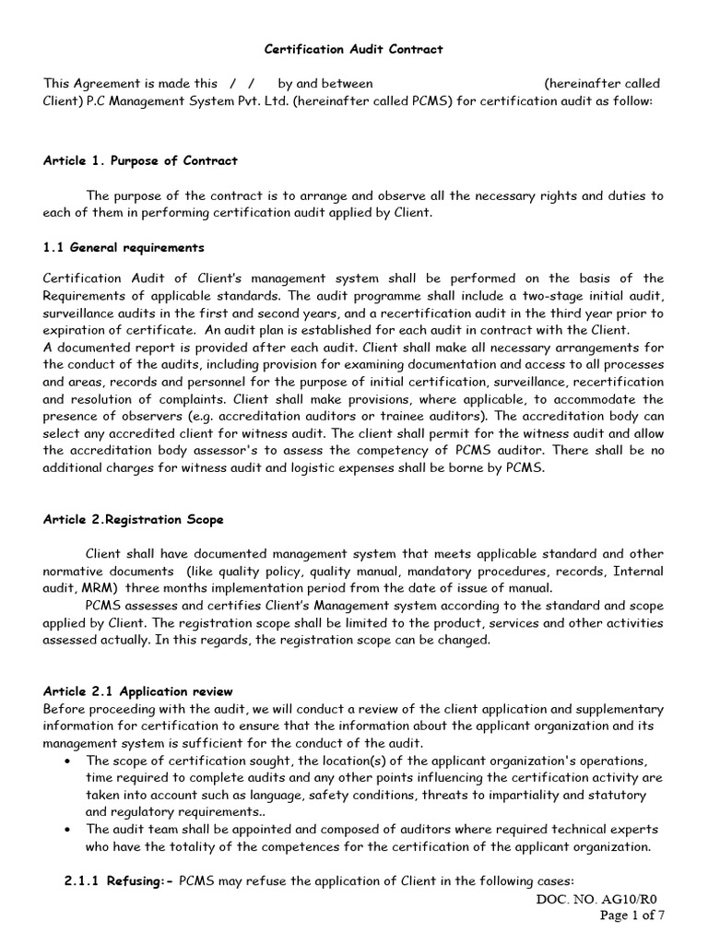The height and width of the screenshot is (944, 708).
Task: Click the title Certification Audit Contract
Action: tap(353, 48)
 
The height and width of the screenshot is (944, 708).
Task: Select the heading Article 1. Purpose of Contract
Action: tap(140, 160)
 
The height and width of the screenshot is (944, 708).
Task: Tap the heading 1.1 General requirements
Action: tap(124, 248)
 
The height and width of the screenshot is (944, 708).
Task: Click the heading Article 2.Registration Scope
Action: tap(133, 519)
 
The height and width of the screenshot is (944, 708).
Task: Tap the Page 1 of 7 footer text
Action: tap(631, 915)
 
